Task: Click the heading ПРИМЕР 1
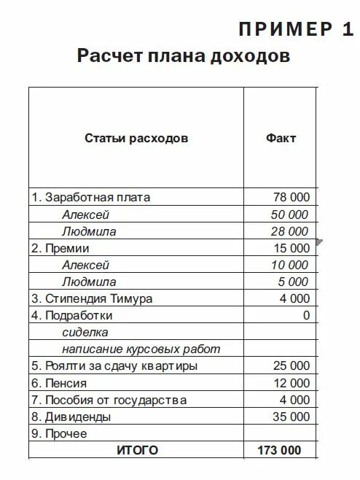click(296, 30)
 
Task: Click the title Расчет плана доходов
click(184, 57)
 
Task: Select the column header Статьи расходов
click(136, 138)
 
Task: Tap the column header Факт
click(281, 138)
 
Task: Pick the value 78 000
click(291, 198)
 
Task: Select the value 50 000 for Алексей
click(289, 214)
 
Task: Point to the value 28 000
click(289, 231)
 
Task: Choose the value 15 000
click(291, 248)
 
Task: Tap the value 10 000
click(289, 265)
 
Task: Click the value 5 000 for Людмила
click(293, 282)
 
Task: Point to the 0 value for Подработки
click(307, 315)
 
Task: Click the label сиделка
click(85, 332)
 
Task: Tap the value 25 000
click(291, 365)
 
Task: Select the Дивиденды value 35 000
click(291, 417)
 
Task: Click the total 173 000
click(279, 451)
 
